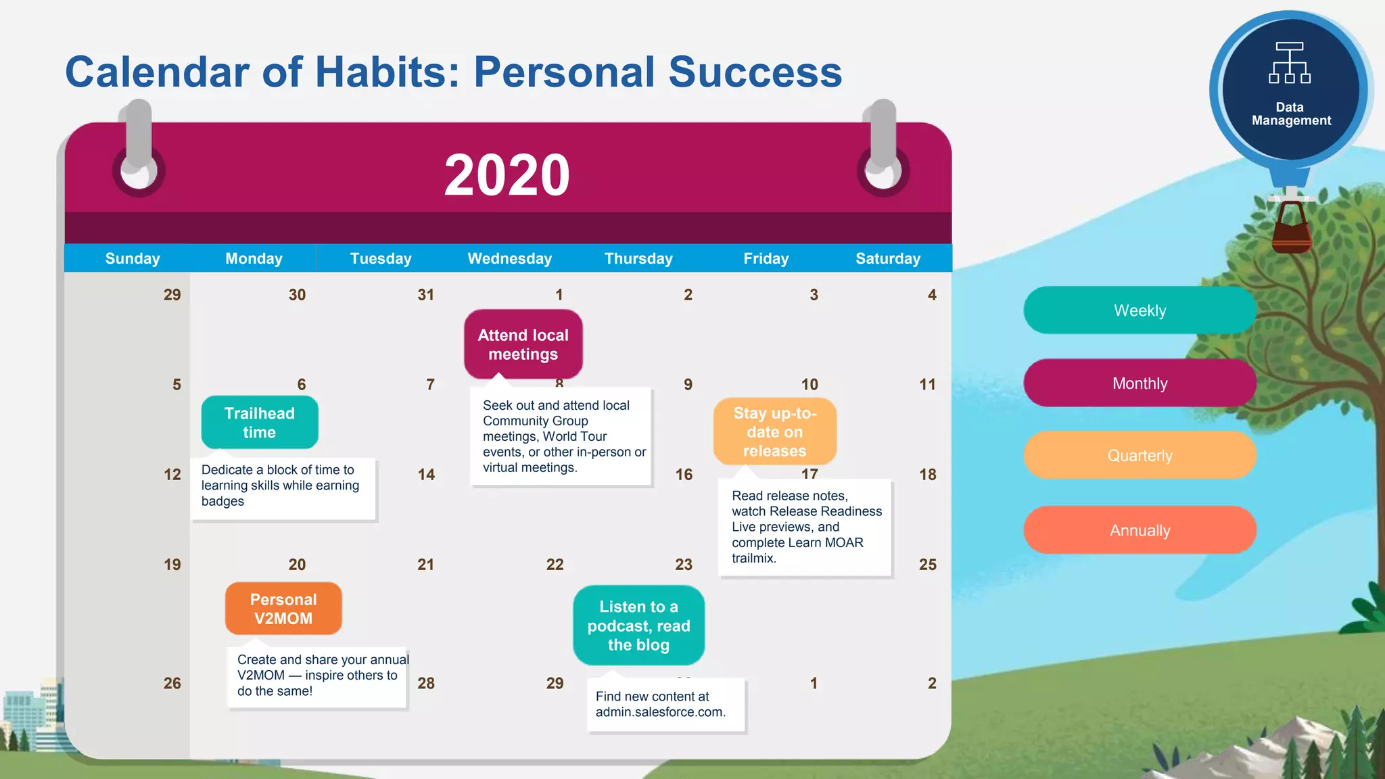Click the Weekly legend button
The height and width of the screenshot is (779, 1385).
(x=1140, y=310)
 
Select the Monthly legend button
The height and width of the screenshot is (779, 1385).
(x=1140, y=383)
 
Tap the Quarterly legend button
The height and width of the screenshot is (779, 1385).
(x=1140, y=456)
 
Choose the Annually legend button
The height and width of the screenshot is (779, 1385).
(x=1140, y=530)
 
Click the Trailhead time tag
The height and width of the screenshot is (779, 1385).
(x=260, y=423)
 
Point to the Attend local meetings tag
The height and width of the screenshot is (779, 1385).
(x=523, y=345)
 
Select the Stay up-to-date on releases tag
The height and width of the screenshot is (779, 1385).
(x=775, y=431)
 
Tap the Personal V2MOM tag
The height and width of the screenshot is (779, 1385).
(x=283, y=609)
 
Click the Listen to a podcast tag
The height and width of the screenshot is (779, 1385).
(x=638, y=625)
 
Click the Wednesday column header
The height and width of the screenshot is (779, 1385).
(x=510, y=258)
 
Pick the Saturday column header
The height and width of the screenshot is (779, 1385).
(x=888, y=258)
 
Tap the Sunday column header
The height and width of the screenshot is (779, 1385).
(x=133, y=258)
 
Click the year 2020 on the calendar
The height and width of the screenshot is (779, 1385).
(x=507, y=175)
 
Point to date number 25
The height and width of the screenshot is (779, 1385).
(x=927, y=565)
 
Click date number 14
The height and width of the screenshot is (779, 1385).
(x=426, y=475)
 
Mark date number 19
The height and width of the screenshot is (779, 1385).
(x=172, y=565)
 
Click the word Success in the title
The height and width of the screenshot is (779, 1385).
(x=755, y=72)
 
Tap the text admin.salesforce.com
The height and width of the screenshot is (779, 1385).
(x=660, y=712)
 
